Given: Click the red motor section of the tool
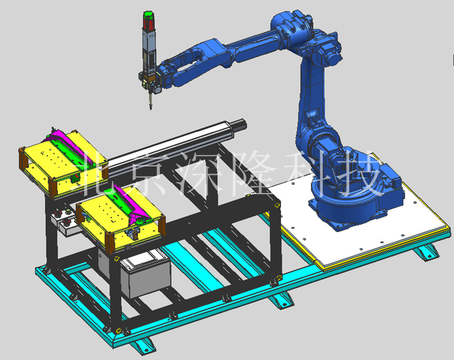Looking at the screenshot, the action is pyautogui.click(x=148, y=23).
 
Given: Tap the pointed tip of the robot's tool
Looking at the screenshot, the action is pyautogui.click(x=150, y=108).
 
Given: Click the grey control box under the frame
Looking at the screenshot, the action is pyautogui.click(x=145, y=277).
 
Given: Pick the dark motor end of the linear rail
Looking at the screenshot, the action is pyautogui.click(x=240, y=125).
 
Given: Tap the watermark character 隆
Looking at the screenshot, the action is pyautogui.click(x=255, y=173).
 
